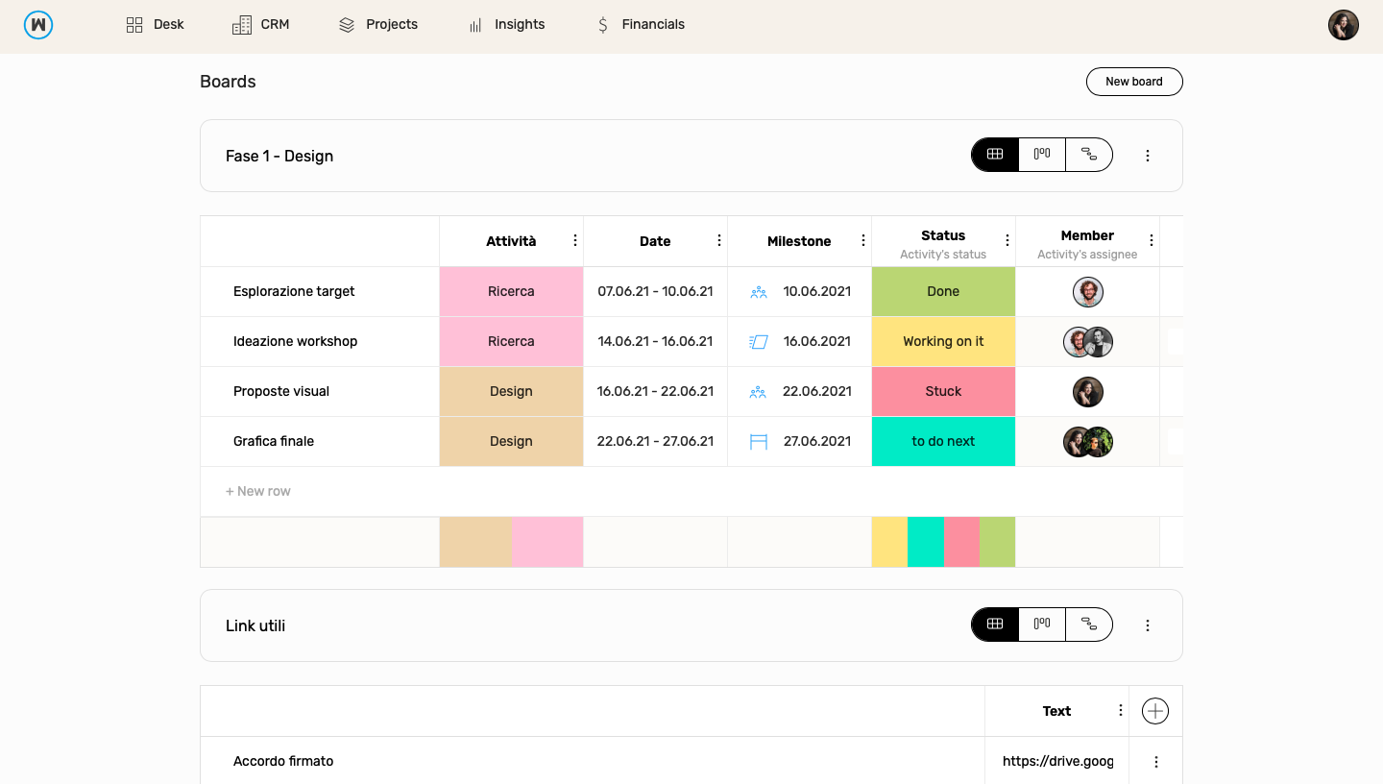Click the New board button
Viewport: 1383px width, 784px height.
click(1133, 82)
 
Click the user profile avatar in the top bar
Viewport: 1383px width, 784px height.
click(1343, 25)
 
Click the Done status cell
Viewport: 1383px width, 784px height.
click(943, 291)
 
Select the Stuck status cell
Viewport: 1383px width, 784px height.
click(943, 391)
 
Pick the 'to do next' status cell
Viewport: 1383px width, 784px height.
click(943, 441)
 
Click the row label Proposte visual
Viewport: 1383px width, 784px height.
click(281, 391)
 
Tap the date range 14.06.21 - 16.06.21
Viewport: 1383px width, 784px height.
click(655, 341)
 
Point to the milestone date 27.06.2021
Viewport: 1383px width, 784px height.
click(816, 441)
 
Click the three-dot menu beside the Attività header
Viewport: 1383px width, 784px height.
click(575, 240)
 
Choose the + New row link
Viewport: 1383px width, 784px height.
click(258, 491)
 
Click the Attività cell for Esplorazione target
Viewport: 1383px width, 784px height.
click(511, 291)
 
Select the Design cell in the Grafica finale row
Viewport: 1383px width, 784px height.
click(511, 441)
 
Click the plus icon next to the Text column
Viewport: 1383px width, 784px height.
click(1154, 711)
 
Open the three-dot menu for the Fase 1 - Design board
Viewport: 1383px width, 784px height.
click(1147, 156)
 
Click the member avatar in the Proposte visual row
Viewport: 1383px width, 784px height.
click(1087, 391)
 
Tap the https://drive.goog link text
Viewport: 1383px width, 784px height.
click(1057, 761)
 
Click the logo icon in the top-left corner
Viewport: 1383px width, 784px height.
click(38, 25)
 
